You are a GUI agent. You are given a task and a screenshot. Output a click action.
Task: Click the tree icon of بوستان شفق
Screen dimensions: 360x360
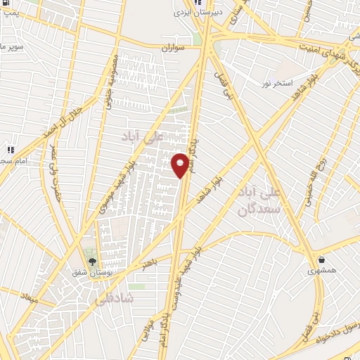(92, 261)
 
